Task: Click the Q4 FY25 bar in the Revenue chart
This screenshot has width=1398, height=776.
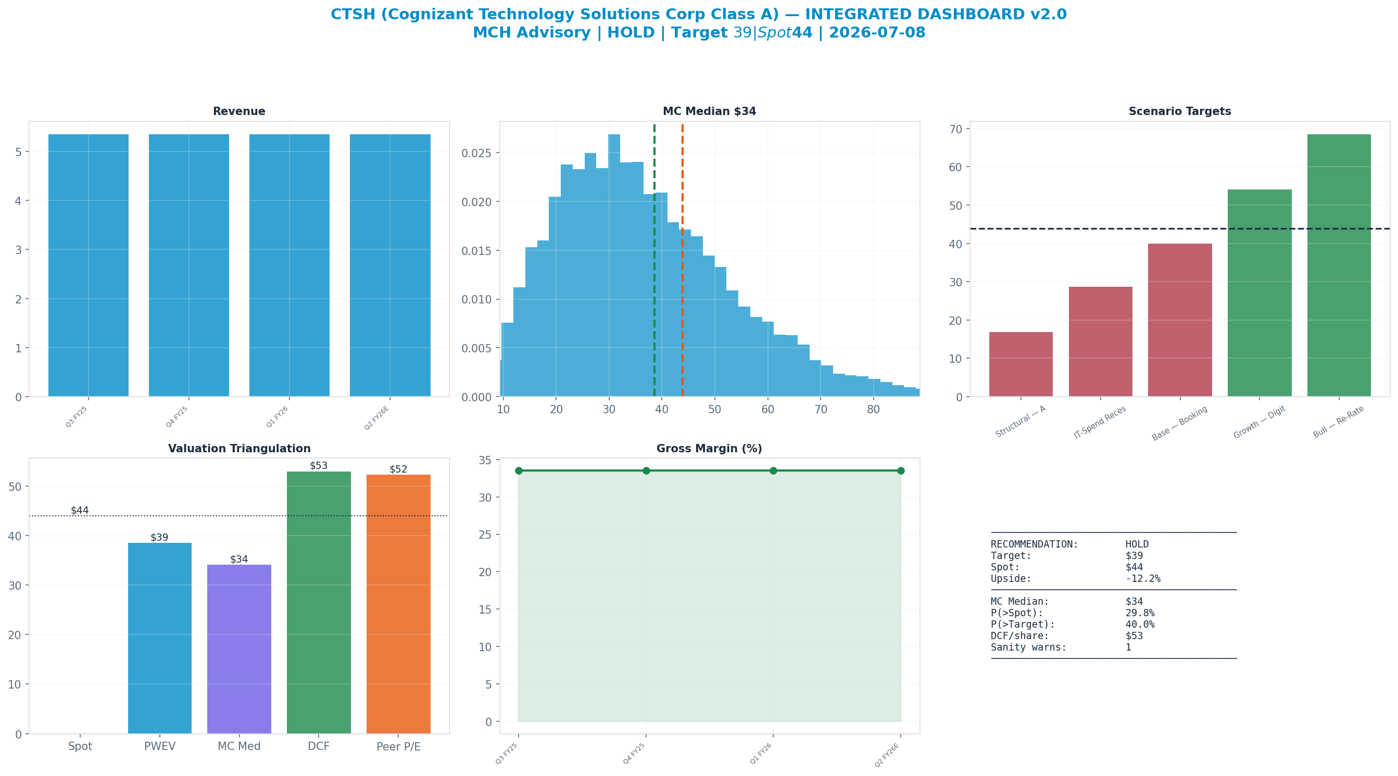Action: point(189,265)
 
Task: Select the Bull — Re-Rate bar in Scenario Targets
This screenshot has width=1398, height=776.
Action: point(1339,265)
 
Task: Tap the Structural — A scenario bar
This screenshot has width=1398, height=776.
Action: point(1021,364)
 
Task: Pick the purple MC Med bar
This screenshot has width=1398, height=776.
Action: point(240,649)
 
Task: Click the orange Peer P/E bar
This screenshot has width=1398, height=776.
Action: point(398,604)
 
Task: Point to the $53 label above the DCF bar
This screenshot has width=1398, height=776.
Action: point(319,466)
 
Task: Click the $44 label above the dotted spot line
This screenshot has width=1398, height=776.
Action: point(80,510)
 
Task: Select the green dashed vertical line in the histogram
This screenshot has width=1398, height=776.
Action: point(654,260)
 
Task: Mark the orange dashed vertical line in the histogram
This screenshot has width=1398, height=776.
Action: point(682,260)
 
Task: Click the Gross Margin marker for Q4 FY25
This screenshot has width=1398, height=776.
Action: point(646,470)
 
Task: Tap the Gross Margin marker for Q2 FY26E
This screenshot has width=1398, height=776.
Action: point(901,470)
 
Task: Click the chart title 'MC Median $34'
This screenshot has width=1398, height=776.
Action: point(709,111)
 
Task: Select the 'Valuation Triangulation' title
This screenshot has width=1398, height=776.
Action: point(240,449)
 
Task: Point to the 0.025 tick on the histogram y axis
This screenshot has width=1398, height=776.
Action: point(476,153)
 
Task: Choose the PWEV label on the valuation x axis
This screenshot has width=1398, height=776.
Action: point(159,747)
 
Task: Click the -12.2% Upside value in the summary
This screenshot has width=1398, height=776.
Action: point(1143,578)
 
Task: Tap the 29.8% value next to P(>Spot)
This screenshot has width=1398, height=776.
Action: point(1140,613)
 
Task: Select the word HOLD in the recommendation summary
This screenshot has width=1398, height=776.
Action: point(1137,544)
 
